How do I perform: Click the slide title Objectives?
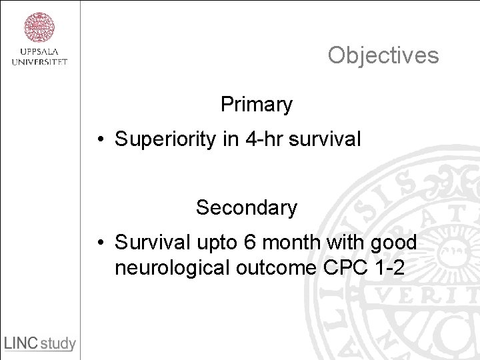point(383,55)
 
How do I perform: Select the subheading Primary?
point(257,105)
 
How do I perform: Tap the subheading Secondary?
point(247,208)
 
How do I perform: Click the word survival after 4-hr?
point(324,140)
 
